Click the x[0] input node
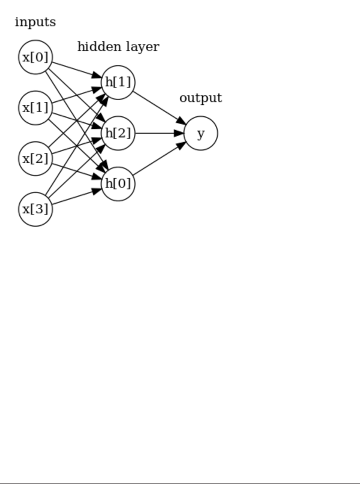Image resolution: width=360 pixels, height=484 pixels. coord(35,57)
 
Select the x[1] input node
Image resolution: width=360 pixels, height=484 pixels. coord(35,107)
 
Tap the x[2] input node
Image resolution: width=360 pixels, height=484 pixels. coord(35,158)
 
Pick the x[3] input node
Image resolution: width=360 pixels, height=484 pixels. coord(35,209)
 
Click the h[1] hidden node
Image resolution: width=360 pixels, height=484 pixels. coord(118,82)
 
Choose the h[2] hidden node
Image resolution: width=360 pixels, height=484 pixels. coord(118,133)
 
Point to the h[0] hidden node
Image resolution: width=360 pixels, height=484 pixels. coord(118,183)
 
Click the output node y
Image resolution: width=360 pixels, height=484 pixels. coord(200,133)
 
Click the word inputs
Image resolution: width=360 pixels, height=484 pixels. coord(35,22)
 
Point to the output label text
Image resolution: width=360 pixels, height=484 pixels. coord(200,98)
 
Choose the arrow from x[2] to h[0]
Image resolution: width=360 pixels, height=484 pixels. coord(75,170)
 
